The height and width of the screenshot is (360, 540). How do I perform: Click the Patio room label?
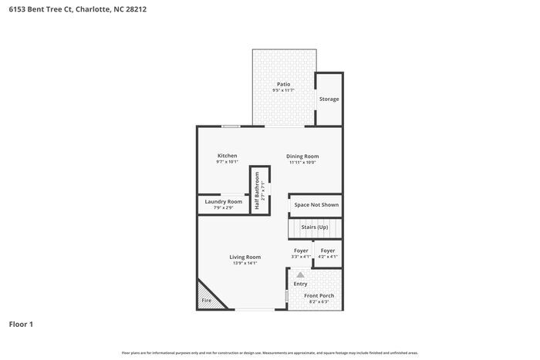click(x=284, y=84)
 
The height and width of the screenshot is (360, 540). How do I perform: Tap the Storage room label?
click(x=329, y=99)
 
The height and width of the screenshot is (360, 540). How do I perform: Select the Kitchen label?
click(x=227, y=156)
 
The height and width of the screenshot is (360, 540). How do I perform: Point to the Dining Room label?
click(x=304, y=156)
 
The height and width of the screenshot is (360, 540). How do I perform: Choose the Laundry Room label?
click(x=223, y=202)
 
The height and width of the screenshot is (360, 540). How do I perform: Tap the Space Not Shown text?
click(x=316, y=205)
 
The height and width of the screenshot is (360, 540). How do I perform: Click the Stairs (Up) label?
click(x=314, y=227)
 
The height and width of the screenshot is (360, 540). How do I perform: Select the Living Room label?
click(x=245, y=257)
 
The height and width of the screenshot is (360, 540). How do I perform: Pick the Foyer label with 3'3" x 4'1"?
click(x=301, y=251)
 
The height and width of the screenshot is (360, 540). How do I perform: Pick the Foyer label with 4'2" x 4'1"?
click(x=328, y=251)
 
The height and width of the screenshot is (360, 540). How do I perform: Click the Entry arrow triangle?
click(x=300, y=274)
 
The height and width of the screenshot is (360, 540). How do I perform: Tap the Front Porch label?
click(x=319, y=296)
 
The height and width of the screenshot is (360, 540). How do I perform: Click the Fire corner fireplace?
click(x=207, y=299)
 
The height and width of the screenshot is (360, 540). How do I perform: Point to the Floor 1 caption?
click(x=21, y=325)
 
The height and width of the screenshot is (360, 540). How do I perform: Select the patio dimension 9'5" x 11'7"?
click(x=284, y=91)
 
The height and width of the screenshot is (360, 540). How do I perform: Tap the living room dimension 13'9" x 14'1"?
click(x=245, y=264)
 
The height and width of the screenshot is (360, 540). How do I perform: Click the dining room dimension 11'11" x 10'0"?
click(x=304, y=163)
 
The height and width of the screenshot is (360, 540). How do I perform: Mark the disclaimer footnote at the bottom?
click(x=270, y=352)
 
